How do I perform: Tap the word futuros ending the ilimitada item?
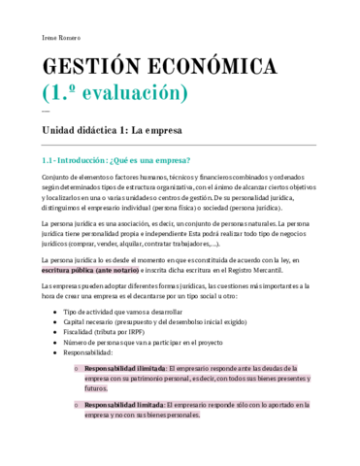[x=97, y=415]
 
